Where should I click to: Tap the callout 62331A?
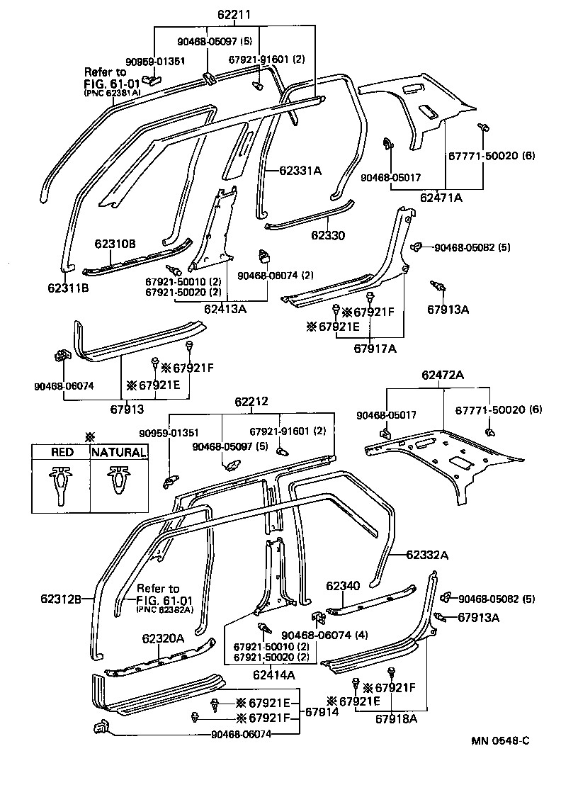click(300, 170)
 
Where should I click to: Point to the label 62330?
click(327, 235)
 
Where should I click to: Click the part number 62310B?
click(115, 244)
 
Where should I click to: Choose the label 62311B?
click(68, 288)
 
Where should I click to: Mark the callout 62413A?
click(225, 308)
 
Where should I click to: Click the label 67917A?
click(375, 348)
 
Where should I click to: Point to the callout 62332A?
click(428, 555)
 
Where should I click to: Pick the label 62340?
click(343, 586)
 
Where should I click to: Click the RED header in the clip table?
click(61, 452)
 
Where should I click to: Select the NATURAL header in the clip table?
click(118, 452)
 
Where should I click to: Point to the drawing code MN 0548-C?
click(501, 741)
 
